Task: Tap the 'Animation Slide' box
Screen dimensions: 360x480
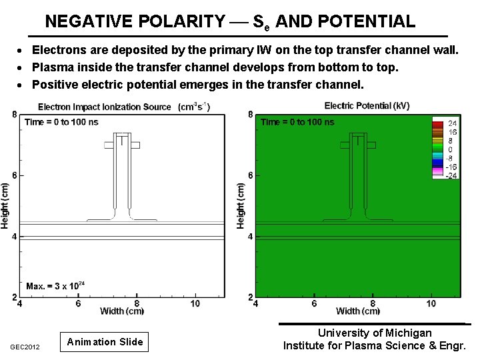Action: pos(105,342)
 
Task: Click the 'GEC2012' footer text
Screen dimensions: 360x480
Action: pos(25,347)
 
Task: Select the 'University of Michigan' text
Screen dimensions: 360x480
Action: pos(374,333)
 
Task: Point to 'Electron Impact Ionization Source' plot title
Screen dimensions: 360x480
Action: pos(105,107)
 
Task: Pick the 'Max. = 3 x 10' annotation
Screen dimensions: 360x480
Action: pos(53,286)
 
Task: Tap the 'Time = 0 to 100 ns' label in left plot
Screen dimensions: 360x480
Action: pos(61,122)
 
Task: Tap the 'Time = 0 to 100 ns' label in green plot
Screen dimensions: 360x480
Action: pos(297,122)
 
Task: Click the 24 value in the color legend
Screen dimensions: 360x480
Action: pos(451,123)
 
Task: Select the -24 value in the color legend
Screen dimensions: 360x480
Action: pos(450,175)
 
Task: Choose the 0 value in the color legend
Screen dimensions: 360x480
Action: pos(451,149)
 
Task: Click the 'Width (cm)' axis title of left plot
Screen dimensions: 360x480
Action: pos(122,311)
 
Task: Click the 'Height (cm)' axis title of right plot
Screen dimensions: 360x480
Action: pos(241,206)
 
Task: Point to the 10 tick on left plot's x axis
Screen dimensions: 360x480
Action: pos(195,304)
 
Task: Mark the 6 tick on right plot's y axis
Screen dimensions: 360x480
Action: pos(250,175)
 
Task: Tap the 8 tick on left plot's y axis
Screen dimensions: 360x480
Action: pos(14,115)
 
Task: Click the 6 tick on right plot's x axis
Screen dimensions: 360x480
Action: pos(314,304)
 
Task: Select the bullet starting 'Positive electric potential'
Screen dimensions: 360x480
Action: pos(198,85)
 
